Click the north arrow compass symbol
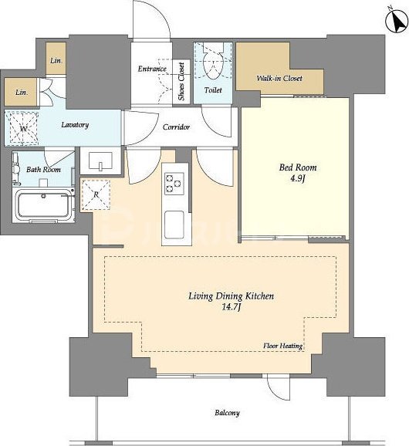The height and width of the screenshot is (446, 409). (x=397, y=22)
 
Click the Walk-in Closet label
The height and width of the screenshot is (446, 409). (x=279, y=78)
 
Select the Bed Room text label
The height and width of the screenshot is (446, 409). (x=298, y=167)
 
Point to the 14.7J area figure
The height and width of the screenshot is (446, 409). (x=232, y=307)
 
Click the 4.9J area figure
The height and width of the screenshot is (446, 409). (x=298, y=178)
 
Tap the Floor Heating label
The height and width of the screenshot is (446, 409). (x=282, y=346)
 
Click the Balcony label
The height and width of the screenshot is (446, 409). (x=227, y=413)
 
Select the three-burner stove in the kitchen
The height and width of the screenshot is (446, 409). (x=174, y=184)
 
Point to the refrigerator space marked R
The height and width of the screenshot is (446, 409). (x=96, y=195)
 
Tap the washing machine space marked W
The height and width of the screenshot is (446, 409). (x=22, y=129)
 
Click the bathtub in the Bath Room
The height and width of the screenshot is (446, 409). (x=43, y=204)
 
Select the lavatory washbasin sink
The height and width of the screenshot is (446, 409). (x=100, y=161)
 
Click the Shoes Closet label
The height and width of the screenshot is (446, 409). (x=181, y=81)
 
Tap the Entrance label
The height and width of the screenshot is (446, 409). (x=152, y=69)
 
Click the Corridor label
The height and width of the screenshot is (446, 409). (x=176, y=127)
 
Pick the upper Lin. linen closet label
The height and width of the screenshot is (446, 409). (x=56, y=61)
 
